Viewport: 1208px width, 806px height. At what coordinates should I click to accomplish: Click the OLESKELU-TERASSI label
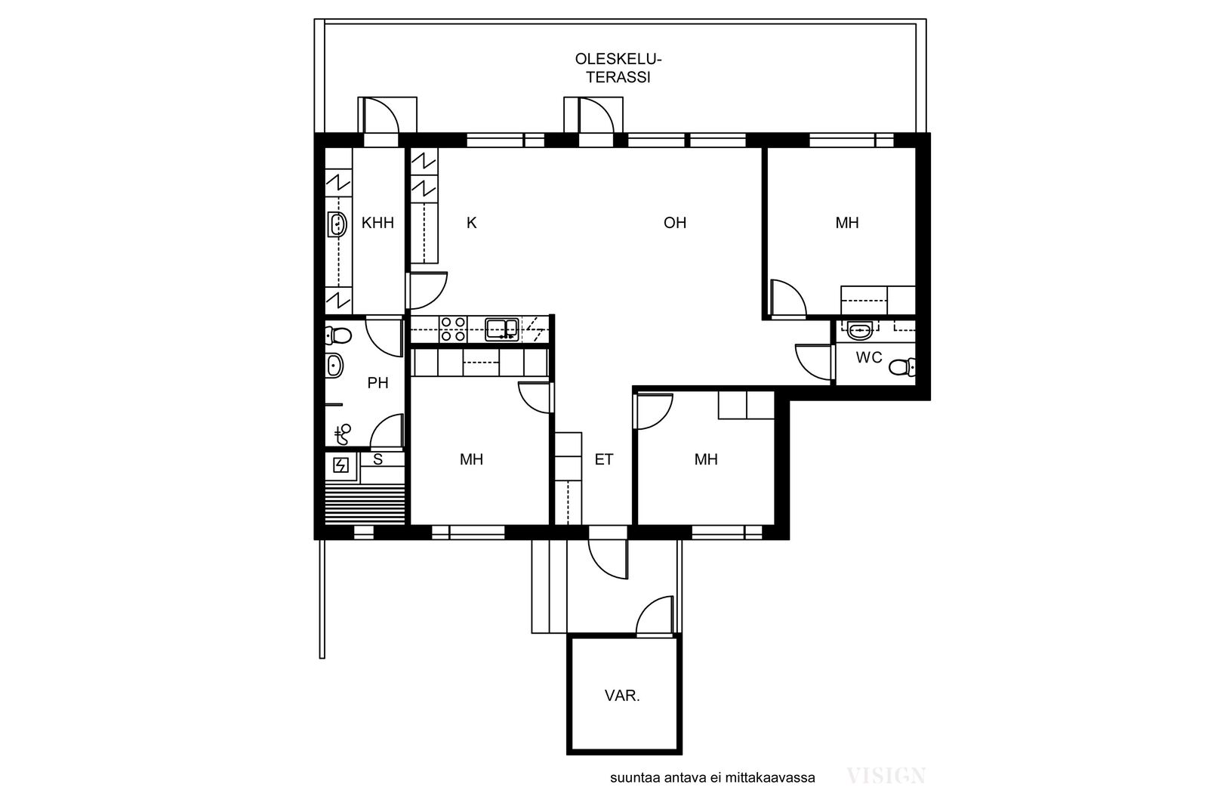pos(618,68)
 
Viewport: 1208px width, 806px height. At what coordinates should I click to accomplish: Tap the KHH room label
pos(377,223)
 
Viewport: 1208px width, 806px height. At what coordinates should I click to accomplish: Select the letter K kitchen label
pos(471,223)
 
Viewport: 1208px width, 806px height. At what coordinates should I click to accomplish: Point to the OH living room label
pos(675,223)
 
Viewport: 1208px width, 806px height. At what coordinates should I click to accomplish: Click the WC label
pos(869,357)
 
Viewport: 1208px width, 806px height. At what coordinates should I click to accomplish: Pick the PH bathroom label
pos(377,383)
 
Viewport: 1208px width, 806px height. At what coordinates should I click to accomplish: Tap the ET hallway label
pos(604,459)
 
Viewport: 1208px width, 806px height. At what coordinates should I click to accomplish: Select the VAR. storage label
pos(622,696)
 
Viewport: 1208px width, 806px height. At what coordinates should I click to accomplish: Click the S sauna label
pos(378,459)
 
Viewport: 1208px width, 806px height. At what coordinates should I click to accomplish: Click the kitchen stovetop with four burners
pos(453,329)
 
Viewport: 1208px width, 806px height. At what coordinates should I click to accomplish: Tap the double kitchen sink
pos(501,329)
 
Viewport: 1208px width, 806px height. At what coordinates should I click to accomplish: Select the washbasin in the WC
pos(860,330)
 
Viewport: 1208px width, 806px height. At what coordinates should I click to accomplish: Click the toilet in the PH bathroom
pos(338,335)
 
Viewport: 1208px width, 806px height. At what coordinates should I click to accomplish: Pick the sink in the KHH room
pos(337,224)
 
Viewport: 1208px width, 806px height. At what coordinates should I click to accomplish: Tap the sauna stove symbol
pos(341,465)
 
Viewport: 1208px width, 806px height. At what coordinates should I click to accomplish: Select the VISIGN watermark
pos(886,776)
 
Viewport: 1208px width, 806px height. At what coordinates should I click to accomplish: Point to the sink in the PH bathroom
pos(334,366)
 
